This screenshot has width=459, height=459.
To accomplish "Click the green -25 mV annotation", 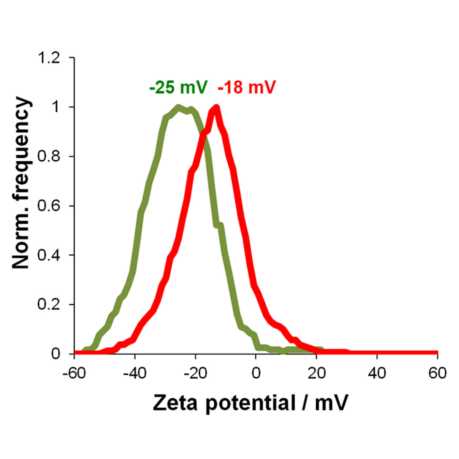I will click(x=178, y=87).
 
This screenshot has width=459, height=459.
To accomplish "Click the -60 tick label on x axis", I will click(x=74, y=373).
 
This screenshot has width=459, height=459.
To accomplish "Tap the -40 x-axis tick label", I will click(x=135, y=373).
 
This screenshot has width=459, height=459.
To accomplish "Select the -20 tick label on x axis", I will click(x=195, y=373).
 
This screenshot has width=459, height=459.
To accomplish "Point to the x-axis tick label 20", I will click(x=316, y=373).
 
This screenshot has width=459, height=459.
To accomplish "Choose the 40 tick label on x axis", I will click(x=377, y=373).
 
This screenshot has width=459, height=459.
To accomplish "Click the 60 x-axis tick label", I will click(x=437, y=373).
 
